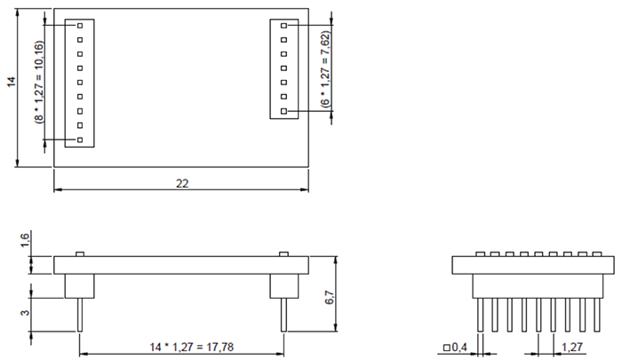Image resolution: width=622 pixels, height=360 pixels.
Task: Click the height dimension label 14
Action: (11, 82)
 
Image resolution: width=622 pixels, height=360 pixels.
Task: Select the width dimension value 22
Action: (181, 183)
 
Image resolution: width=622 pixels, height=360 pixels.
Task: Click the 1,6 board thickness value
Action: (25, 243)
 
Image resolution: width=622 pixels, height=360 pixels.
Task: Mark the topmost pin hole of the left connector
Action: (80, 26)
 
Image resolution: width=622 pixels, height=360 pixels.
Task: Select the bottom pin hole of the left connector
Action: (80, 140)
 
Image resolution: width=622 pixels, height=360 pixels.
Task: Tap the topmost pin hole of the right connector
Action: (283, 27)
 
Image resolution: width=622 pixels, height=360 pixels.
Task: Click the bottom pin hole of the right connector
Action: (283, 112)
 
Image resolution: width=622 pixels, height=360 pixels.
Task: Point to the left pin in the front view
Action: (80, 315)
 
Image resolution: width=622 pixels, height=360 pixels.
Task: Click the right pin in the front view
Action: (283, 315)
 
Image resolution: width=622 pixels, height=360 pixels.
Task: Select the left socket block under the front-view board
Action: (80, 284)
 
